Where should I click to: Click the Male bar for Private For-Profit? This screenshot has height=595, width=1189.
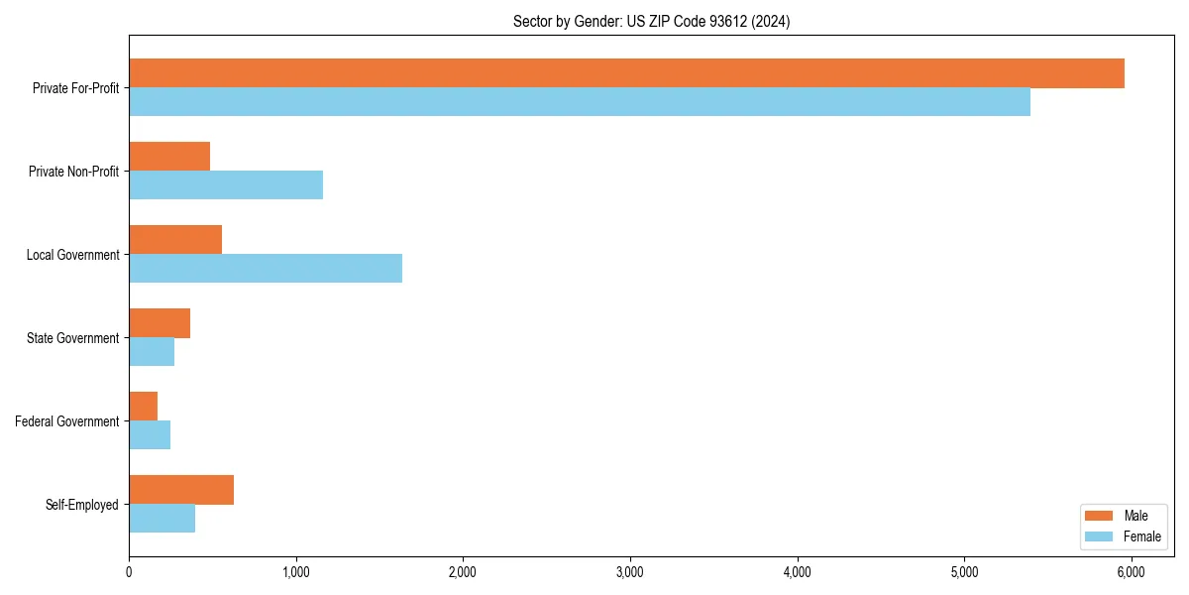click(626, 73)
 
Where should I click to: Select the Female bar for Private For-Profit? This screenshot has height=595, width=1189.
click(580, 102)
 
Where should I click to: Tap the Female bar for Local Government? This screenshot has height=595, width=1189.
click(266, 269)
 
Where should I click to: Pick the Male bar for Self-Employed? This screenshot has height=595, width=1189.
click(181, 490)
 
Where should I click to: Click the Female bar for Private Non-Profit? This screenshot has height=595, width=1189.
click(226, 185)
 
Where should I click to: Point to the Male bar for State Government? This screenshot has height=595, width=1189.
click(160, 323)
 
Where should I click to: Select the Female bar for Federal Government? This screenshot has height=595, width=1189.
click(150, 435)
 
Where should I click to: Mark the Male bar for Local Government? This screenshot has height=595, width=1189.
click(175, 240)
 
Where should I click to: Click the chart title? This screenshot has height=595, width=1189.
click(651, 21)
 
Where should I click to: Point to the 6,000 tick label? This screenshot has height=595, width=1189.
click(1131, 572)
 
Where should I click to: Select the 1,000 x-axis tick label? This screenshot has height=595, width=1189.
click(295, 572)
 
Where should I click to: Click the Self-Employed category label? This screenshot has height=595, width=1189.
click(82, 505)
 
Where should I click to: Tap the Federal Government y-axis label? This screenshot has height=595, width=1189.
click(67, 421)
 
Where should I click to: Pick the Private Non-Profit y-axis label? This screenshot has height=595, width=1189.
click(73, 172)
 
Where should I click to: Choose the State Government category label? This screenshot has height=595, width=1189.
click(72, 338)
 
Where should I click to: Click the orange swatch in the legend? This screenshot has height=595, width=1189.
click(1100, 516)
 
